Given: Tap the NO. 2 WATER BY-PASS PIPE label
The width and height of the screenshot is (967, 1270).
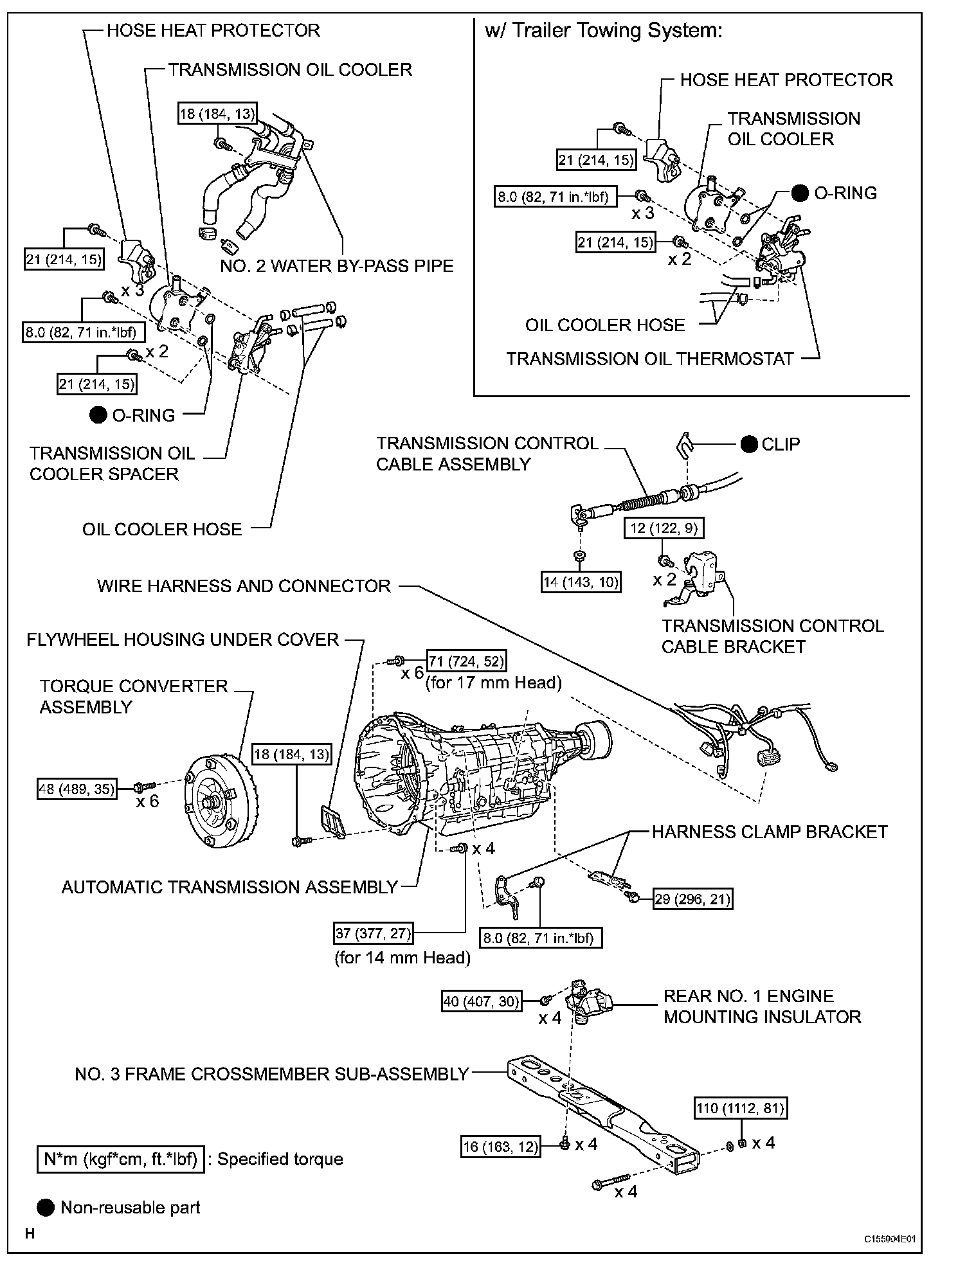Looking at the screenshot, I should [x=337, y=265].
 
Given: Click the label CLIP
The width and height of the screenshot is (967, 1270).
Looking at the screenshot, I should [x=780, y=444].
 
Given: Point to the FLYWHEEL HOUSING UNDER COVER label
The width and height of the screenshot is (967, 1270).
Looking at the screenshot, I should [x=183, y=639].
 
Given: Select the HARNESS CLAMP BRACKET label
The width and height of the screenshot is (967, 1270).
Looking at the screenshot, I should [x=770, y=832].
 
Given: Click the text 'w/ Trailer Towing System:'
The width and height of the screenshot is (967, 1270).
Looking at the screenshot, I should [x=604, y=30].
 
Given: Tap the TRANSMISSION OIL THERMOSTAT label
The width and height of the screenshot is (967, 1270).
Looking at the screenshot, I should [x=650, y=359].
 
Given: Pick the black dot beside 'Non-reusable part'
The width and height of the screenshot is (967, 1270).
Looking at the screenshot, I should [x=46, y=1207].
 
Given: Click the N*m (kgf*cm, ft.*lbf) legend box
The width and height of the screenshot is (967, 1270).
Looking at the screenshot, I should [x=120, y=1159].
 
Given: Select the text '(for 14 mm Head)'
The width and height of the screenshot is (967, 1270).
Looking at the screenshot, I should [x=402, y=958].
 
